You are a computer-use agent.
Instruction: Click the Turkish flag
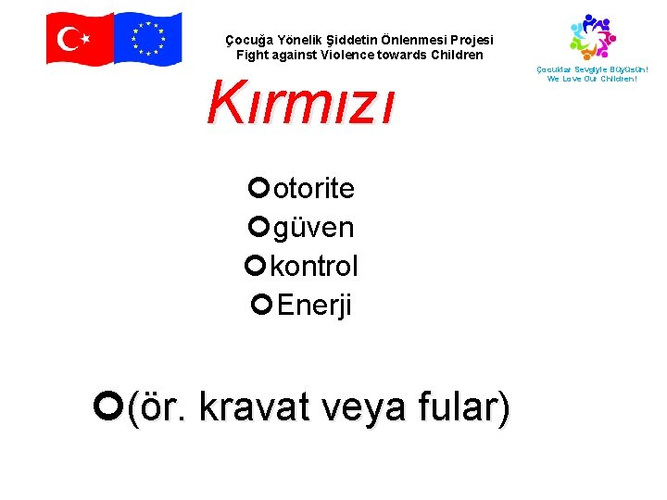coord(80,38)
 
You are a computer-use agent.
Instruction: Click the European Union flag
coord(148,38)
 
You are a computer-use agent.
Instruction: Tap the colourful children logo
coord(592,36)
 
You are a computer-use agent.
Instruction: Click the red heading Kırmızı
coord(300,102)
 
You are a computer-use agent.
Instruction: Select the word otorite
coord(314,189)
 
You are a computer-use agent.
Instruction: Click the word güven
coord(313,227)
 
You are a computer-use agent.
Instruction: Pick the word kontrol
coord(314,266)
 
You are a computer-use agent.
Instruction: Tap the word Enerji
coord(315,305)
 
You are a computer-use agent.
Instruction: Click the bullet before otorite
coord(258,188)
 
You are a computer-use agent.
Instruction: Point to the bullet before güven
coord(258,226)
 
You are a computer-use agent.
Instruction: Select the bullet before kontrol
coord(256,266)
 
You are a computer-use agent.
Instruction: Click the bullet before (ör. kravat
coord(109,404)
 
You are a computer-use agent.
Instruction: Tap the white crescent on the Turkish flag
coord(68,38)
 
